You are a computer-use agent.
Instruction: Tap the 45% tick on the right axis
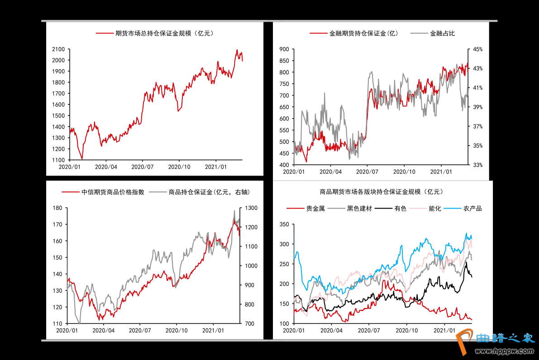coord(478,49)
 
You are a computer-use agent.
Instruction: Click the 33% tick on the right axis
coord(478,165)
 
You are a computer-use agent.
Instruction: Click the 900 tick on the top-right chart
coord(284,49)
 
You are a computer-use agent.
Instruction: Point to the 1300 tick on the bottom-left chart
coord(250,208)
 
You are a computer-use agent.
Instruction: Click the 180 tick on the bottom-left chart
coord(57,208)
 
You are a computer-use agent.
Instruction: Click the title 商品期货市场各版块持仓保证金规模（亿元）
coord(381,192)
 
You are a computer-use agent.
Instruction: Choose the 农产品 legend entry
coord(472,208)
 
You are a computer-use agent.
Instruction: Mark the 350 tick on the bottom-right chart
coord(284,224)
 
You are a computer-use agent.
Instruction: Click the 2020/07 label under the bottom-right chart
coord(369,331)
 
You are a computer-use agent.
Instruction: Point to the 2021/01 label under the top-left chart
coord(216,167)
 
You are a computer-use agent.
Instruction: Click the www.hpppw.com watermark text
coord(507,350)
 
